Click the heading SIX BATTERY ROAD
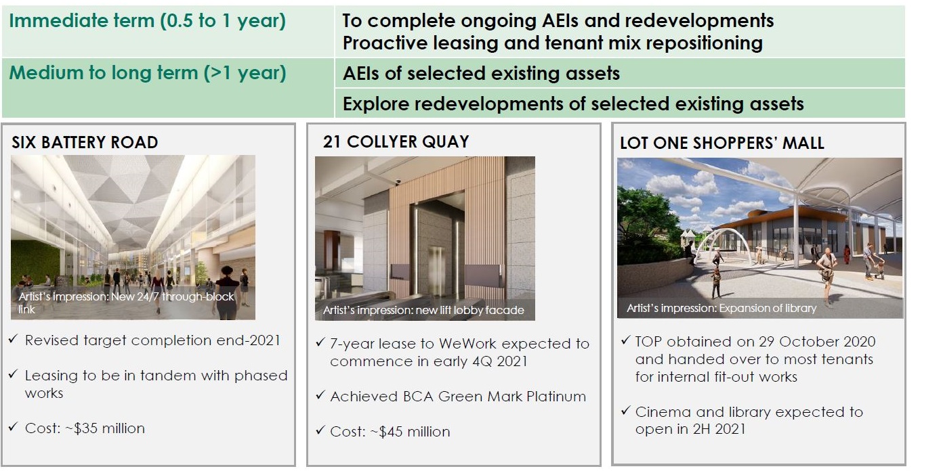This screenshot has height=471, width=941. [85, 142]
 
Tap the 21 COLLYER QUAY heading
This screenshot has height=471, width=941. [396, 141]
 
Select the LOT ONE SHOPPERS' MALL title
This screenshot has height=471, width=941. [722, 143]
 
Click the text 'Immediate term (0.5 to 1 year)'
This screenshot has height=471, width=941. [148, 21]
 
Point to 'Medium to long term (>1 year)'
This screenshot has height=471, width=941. [148, 72]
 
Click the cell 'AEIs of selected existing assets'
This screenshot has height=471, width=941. [481, 74]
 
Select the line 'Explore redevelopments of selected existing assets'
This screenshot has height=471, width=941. [573, 104]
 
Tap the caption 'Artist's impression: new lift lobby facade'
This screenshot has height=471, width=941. [423, 310]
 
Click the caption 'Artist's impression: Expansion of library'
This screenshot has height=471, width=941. [722, 308]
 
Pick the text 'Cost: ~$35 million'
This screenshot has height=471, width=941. [85, 428]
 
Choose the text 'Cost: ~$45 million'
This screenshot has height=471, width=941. [390, 432]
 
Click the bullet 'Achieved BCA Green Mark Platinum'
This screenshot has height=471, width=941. [458, 397]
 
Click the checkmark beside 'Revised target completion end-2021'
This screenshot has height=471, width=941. [13, 338]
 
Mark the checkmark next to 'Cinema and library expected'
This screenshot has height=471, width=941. [626, 410]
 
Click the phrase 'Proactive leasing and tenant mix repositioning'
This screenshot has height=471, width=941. [552, 43]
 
